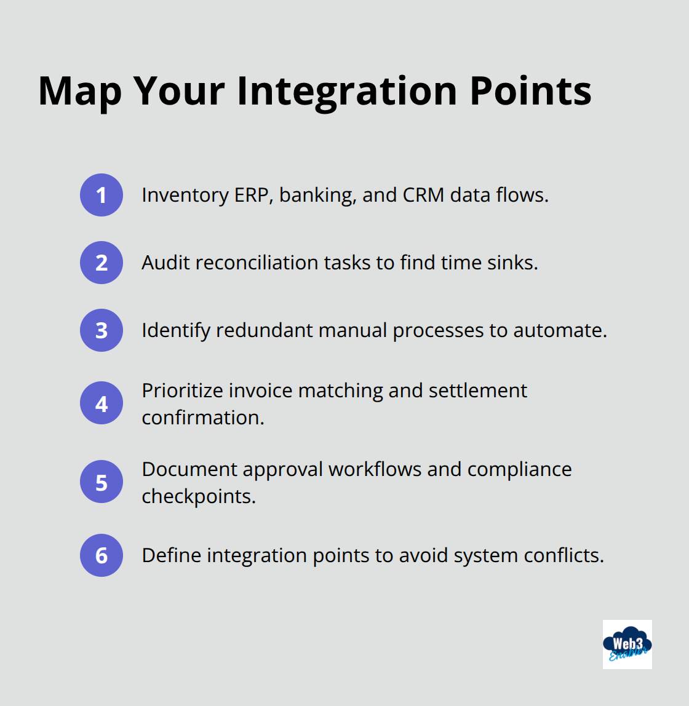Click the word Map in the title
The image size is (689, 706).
[x=80, y=91]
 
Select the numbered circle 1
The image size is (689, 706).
[x=102, y=195]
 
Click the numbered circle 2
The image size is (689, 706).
[x=102, y=263]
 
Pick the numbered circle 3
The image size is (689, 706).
[x=102, y=330]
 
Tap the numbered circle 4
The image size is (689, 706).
[x=102, y=403]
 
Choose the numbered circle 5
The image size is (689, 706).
[x=102, y=482]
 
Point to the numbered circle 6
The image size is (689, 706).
[x=102, y=555]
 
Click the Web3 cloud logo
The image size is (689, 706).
[x=627, y=645]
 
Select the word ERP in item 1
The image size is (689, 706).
[x=251, y=195]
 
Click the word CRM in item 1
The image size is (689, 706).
[x=423, y=195]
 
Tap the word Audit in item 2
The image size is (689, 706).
[x=162, y=263]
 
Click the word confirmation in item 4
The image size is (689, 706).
[x=202, y=418]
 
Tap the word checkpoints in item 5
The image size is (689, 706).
[x=198, y=496]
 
